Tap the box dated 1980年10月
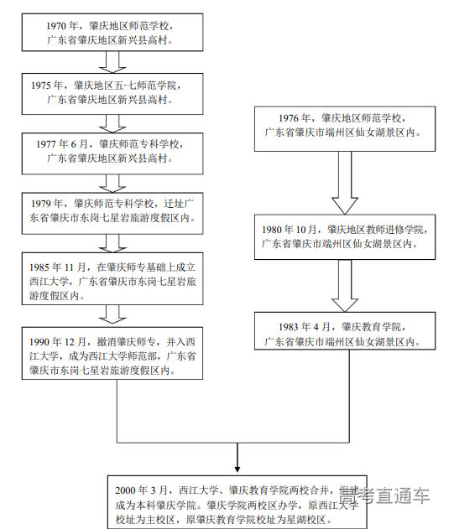pos(345,237)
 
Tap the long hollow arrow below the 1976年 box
pos(345,182)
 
